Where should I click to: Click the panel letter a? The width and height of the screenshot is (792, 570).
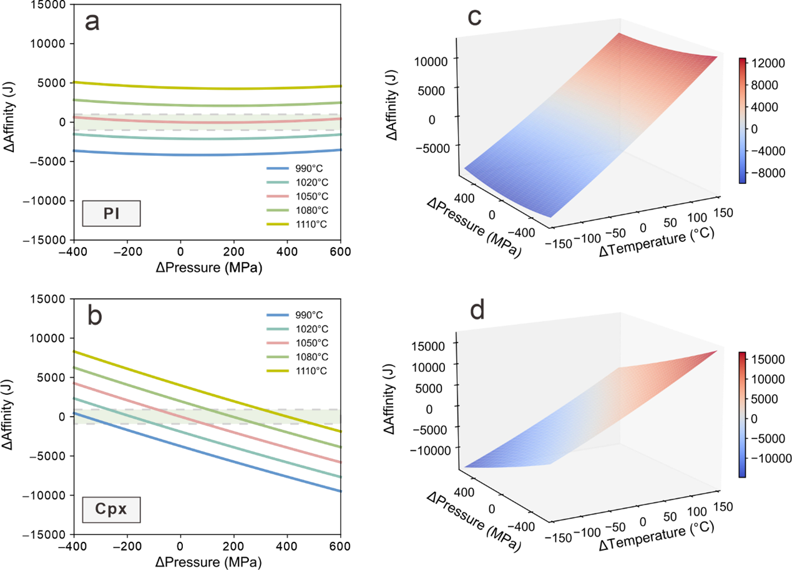(x=92, y=23)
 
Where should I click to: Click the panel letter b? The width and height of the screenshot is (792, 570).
(x=94, y=316)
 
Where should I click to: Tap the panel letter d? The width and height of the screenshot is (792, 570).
(x=477, y=310)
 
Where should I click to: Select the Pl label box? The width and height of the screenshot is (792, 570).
(x=111, y=214)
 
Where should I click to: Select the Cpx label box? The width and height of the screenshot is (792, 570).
(x=111, y=510)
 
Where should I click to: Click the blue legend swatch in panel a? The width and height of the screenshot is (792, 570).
(x=277, y=168)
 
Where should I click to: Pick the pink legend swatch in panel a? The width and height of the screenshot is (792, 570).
(x=277, y=196)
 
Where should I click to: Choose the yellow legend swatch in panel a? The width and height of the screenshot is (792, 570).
(x=277, y=224)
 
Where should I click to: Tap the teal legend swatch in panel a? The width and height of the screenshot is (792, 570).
(x=277, y=182)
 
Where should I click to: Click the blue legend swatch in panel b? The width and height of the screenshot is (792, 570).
(x=277, y=315)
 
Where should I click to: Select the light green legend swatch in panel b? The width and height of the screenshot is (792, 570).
(x=277, y=357)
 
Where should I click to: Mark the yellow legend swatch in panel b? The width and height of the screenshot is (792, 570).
(x=277, y=371)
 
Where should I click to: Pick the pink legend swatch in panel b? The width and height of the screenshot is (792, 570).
(x=277, y=343)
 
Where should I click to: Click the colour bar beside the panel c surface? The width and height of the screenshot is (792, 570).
(x=742, y=120)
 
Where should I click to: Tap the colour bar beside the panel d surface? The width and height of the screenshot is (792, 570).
(x=742, y=415)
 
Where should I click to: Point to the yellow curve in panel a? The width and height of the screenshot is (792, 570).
(x=206, y=87)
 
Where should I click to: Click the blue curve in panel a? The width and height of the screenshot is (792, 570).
(x=206, y=154)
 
